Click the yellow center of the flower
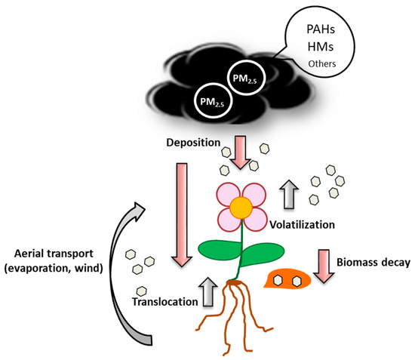pos(241,205)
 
